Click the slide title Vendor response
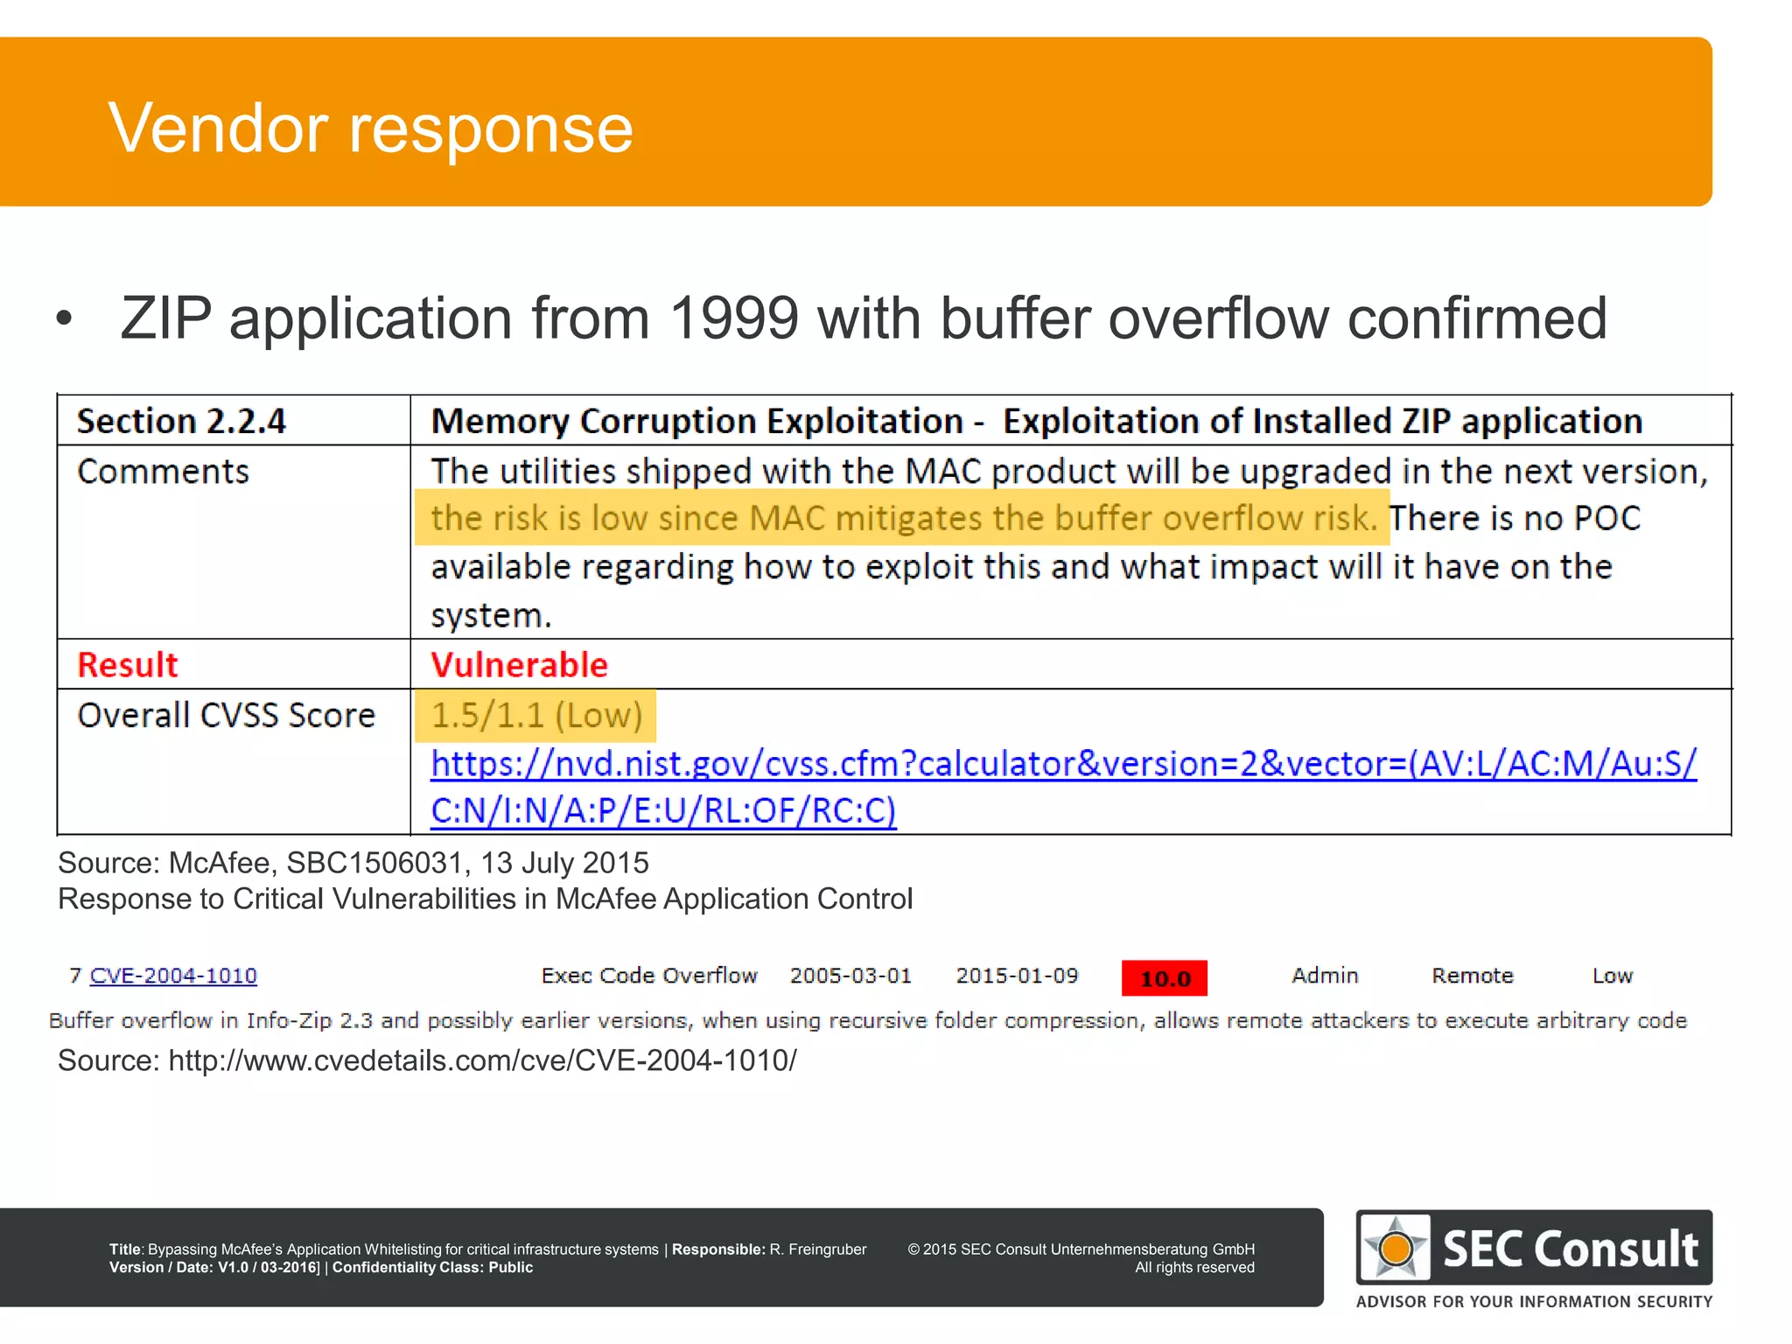(x=370, y=129)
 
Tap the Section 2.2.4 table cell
(x=181, y=422)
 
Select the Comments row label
(x=163, y=472)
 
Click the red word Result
(x=128, y=665)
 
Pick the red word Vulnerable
(x=519, y=665)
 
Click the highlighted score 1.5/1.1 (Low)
(x=536, y=716)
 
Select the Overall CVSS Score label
(x=226, y=716)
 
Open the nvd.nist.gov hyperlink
(x=1062, y=765)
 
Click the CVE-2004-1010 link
(x=173, y=976)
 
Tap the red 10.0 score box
(x=1164, y=978)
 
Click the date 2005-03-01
(x=850, y=976)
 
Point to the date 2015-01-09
(x=1017, y=976)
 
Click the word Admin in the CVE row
(x=1325, y=976)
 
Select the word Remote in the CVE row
(x=1472, y=976)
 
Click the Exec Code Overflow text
(x=649, y=976)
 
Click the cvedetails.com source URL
(x=482, y=1060)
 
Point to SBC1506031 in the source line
(x=374, y=864)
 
